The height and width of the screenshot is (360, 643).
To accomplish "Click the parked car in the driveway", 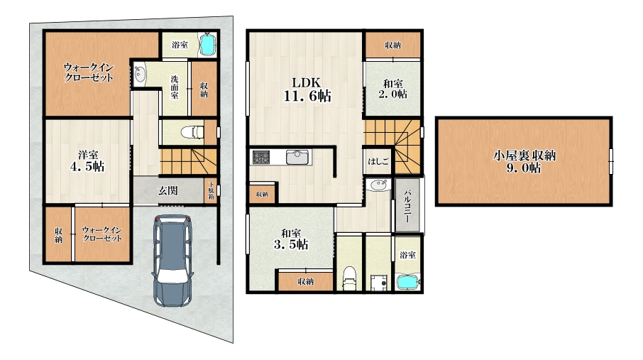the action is click(x=172, y=261).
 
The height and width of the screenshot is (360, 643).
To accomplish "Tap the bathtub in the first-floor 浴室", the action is click(x=207, y=44).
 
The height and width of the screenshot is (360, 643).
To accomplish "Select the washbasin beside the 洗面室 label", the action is click(x=140, y=75).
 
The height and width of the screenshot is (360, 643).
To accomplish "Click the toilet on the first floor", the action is click(x=192, y=132).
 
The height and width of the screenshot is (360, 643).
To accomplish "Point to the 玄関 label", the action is click(x=168, y=190).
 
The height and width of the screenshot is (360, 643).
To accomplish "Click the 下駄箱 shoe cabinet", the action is click(x=211, y=190).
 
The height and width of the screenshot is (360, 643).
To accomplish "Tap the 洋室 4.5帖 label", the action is click(x=87, y=161).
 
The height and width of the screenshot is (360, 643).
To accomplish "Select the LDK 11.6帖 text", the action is click(x=307, y=89).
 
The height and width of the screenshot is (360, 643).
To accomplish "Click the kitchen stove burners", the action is click(x=260, y=157).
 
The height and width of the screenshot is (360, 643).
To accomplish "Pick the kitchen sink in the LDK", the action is click(x=297, y=157).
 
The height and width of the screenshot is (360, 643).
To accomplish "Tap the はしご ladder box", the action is click(x=378, y=161).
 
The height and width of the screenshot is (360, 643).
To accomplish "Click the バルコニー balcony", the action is click(x=407, y=204).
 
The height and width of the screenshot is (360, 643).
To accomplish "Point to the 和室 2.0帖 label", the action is click(x=393, y=89).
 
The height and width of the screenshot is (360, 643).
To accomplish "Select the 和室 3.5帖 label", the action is click(x=291, y=239).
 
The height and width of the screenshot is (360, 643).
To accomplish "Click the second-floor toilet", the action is click(x=349, y=278).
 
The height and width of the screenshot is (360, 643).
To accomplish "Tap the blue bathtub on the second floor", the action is click(x=407, y=283).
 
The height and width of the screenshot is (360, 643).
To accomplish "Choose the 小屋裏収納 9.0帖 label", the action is click(x=524, y=162).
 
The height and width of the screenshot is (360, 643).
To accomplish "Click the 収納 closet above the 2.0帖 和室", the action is click(x=393, y=45).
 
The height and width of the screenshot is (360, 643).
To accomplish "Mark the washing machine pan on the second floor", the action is click(x=378, y=283).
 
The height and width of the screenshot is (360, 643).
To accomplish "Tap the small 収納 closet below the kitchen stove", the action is click(x=263, y=194).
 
